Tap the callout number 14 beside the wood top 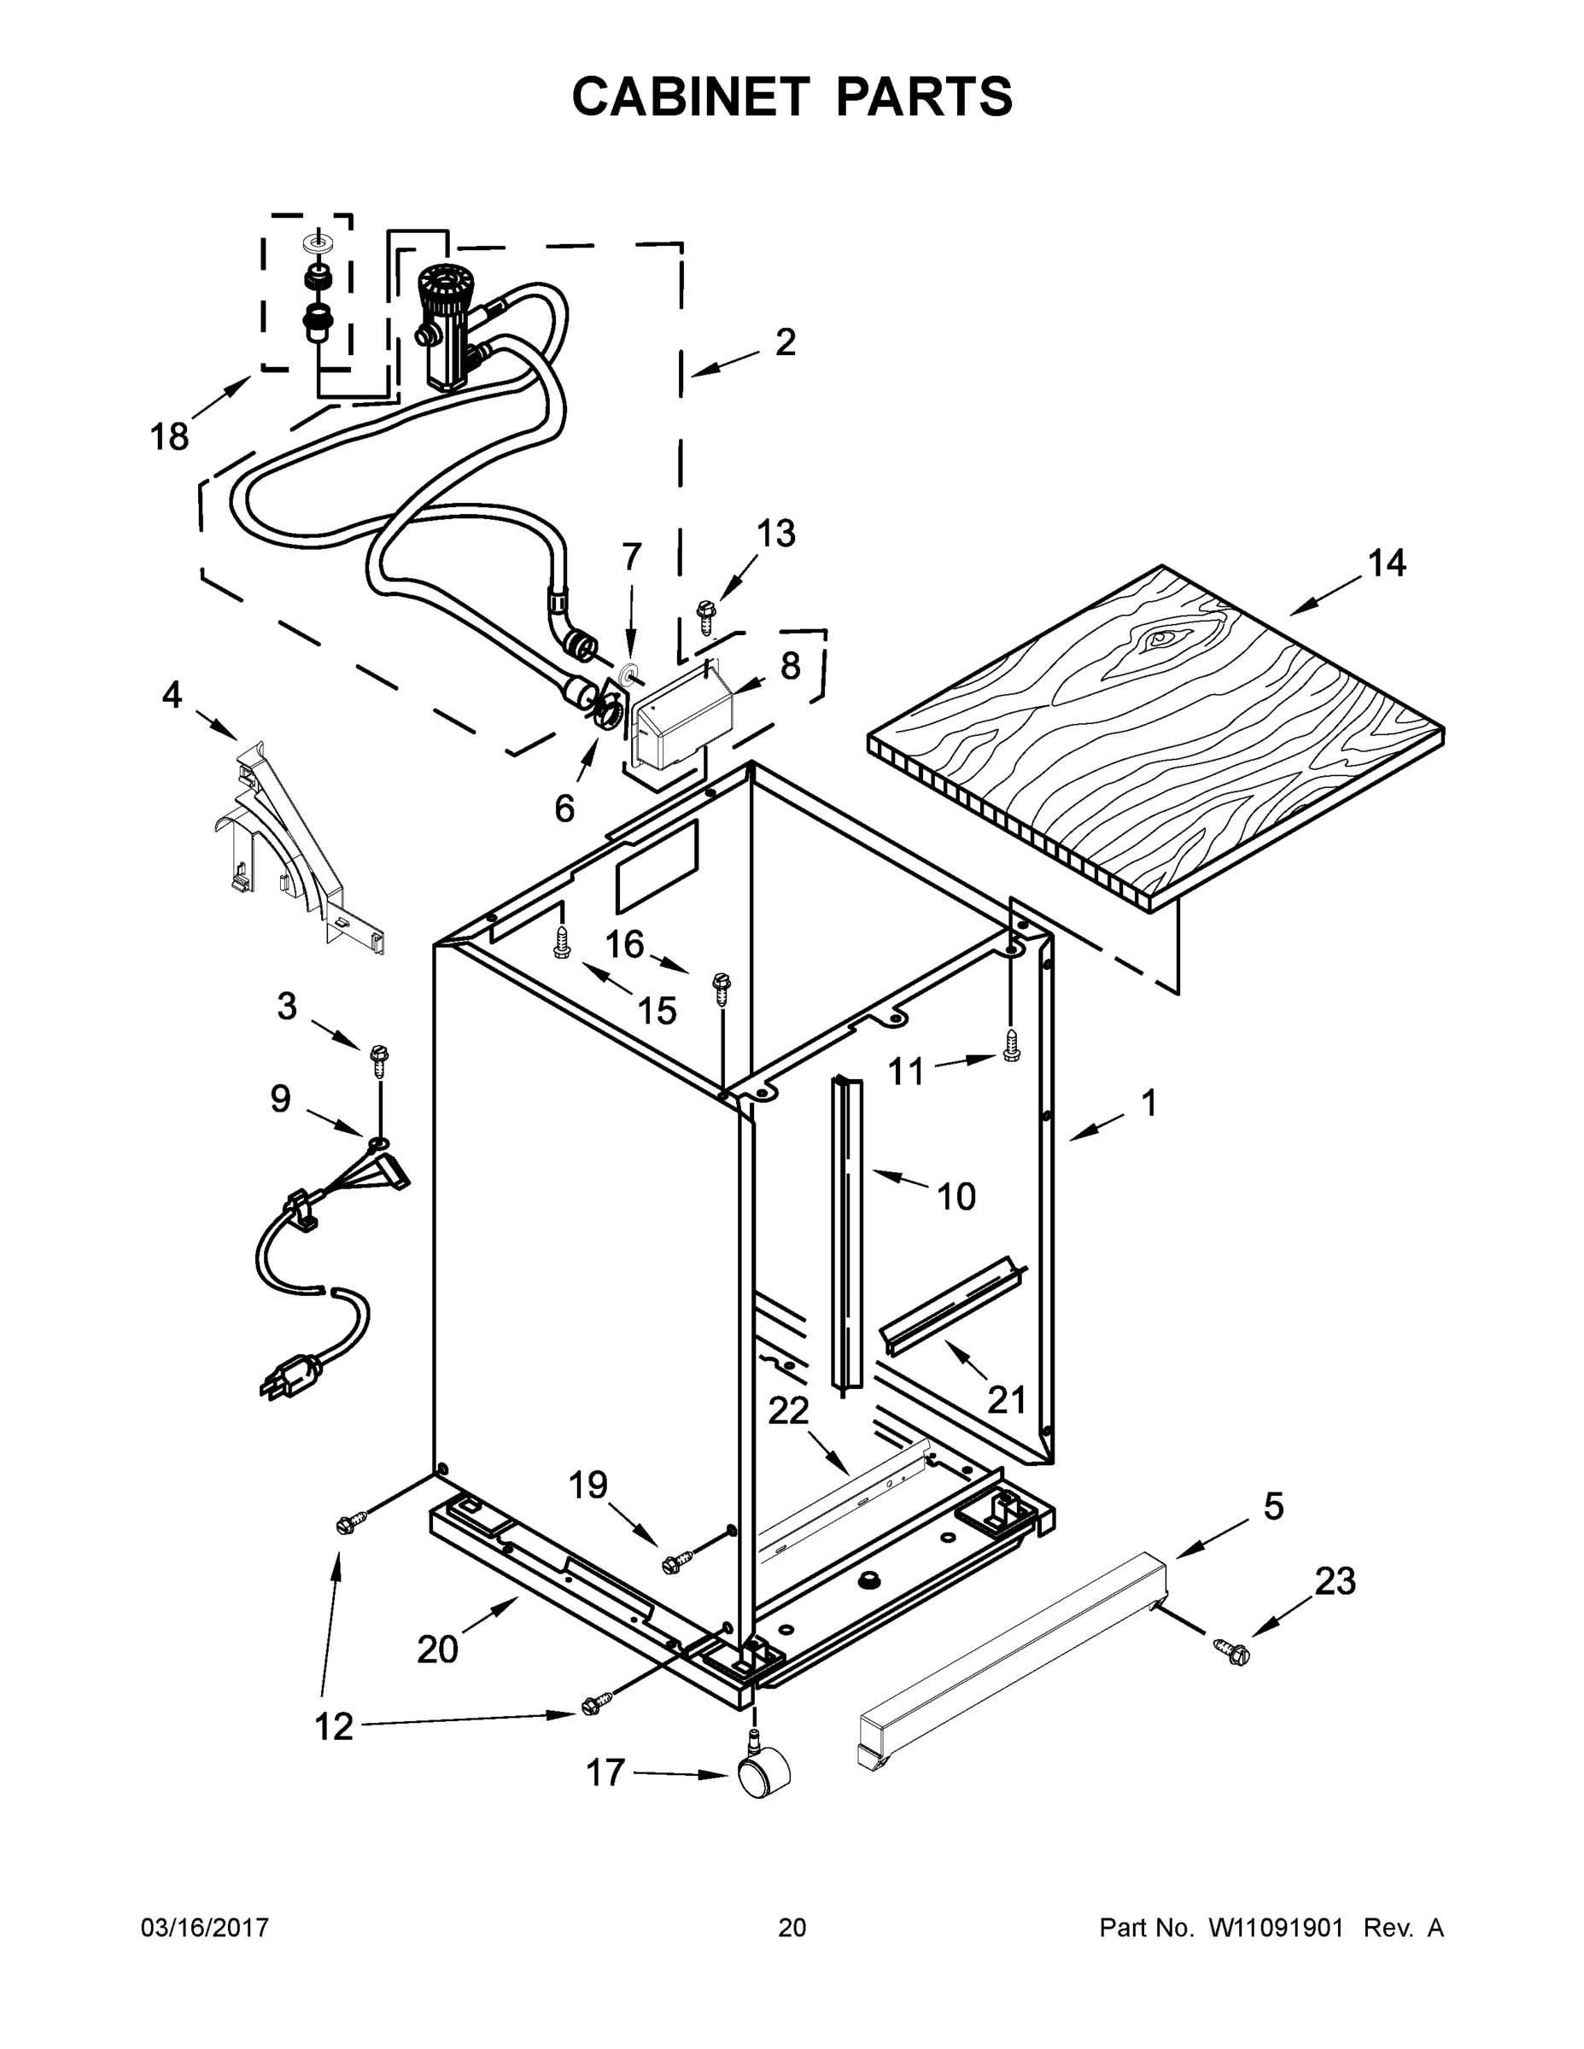tap(1386, 563)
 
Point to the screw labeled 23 tap(1232, 1652)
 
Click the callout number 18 tap(170, 436)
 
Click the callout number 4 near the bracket tap(172, 695)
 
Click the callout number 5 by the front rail tap(1273, 1506)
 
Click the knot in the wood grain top tap(1161, 639)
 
